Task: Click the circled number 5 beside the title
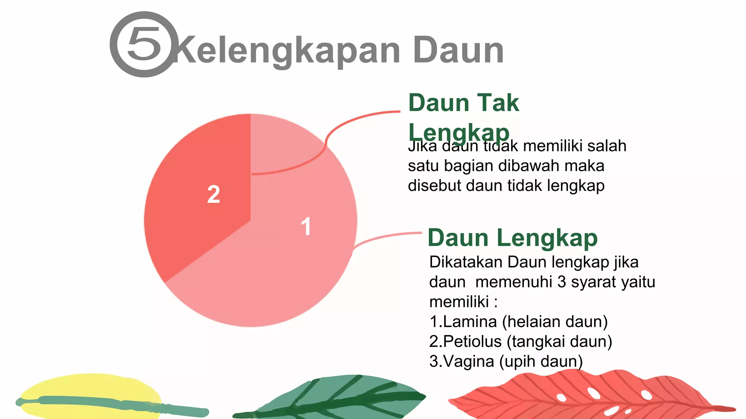click(x=145, y=44)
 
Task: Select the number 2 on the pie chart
click(x=214, y=194)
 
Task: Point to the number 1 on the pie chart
click(x=306, y=226)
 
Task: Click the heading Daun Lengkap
click(x=512, y=238)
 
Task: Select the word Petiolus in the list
click(x=472, y=342)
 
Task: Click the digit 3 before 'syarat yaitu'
click(x=562, y=282)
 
